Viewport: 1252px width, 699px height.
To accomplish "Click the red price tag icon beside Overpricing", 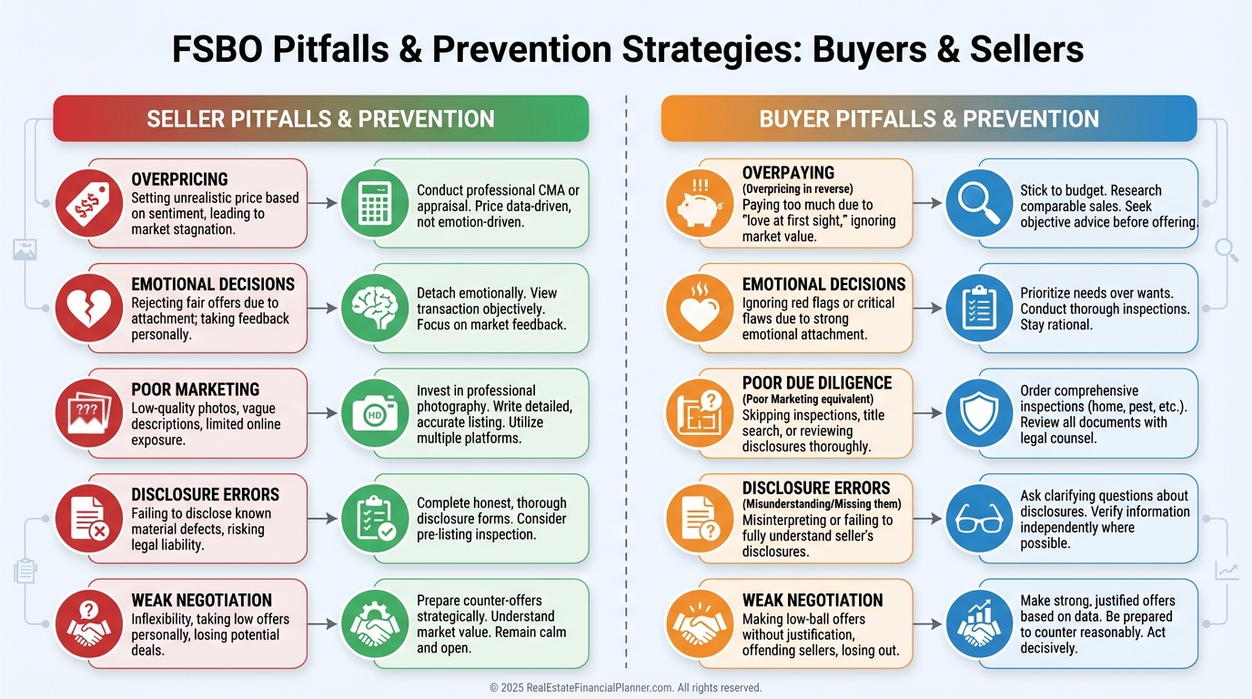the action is pos(89,204).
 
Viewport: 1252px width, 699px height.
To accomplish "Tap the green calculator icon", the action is pos(375,204).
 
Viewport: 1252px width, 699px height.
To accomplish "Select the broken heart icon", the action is pos(89,309).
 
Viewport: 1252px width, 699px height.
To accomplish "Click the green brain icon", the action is pos(375,309).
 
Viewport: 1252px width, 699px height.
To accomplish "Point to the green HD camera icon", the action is pos(375,413).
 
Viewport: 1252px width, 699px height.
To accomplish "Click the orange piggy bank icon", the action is pos(699,204).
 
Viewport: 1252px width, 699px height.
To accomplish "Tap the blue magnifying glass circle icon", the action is pos(979,204).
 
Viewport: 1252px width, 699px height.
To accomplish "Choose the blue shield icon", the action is pos(979,413).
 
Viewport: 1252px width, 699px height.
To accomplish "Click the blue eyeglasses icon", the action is pos(979,519).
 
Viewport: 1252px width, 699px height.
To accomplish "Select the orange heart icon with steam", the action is pos(699,309).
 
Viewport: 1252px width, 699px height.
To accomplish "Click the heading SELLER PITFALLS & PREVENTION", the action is pos(321,118).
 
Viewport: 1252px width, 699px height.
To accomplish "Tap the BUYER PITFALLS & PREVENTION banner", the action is pos(929,118).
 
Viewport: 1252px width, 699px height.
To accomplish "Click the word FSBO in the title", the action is pos(217,49).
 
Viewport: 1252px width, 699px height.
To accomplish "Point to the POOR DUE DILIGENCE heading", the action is pos(817,383).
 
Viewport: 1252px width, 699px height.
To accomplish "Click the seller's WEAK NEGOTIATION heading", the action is pos(202,600).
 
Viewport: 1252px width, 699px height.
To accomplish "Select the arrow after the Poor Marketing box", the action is pos(322,413).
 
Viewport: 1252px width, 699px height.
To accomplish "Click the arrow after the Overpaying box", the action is pos(928,204).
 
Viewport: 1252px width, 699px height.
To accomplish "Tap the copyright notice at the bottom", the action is pos(625,687).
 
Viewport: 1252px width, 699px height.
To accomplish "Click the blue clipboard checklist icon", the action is pos(979,309).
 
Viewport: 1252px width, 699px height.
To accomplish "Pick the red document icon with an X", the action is pos(89,519).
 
